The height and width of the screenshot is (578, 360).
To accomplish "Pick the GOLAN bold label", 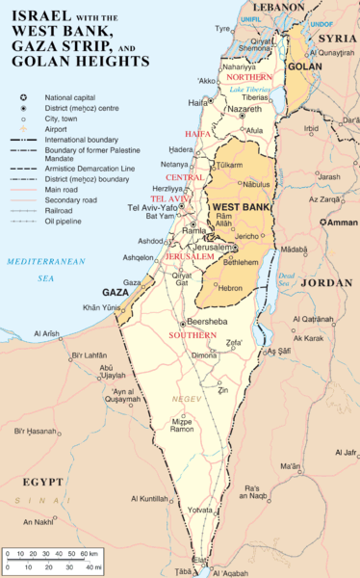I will (x=304, y=68).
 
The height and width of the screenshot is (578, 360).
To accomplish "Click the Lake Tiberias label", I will (x=249, y=90).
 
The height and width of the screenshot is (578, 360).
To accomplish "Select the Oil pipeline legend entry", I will (x=71, y=222).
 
